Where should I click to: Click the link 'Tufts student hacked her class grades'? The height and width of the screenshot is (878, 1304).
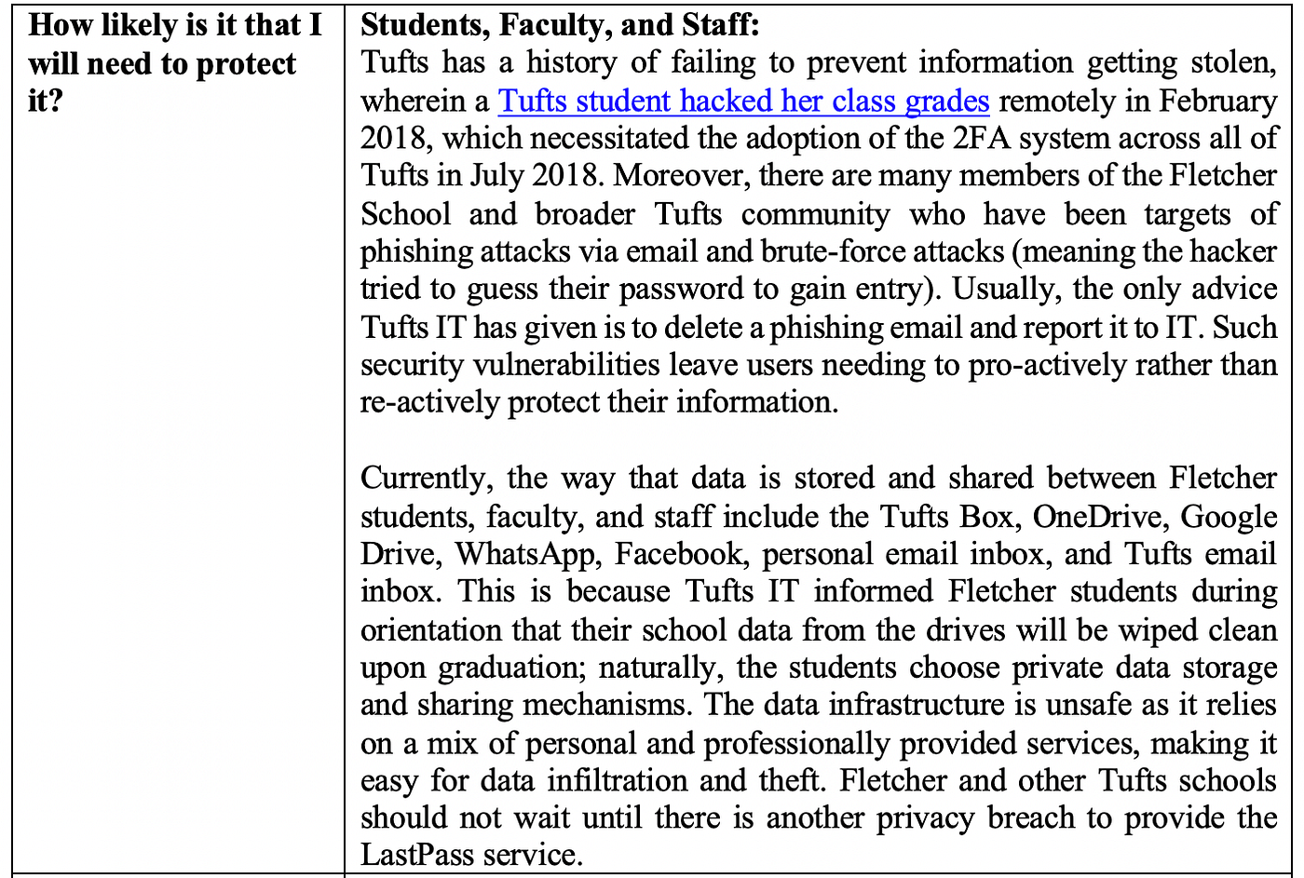click(743, 101)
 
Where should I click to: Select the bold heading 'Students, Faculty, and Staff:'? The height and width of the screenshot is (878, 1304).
click(560, 25)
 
